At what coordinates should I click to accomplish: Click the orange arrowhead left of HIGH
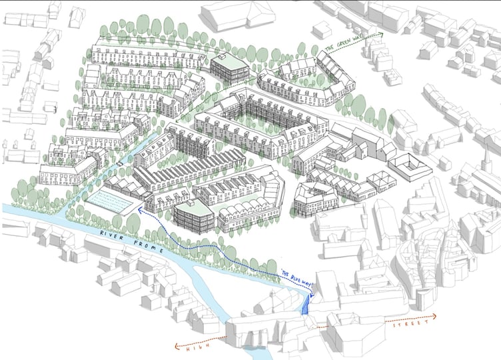[177, 345]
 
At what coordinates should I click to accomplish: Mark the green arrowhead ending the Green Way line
[382, 33]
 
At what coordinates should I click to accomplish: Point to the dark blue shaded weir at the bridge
[307, 305]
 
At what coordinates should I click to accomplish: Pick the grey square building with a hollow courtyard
[408, 167]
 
